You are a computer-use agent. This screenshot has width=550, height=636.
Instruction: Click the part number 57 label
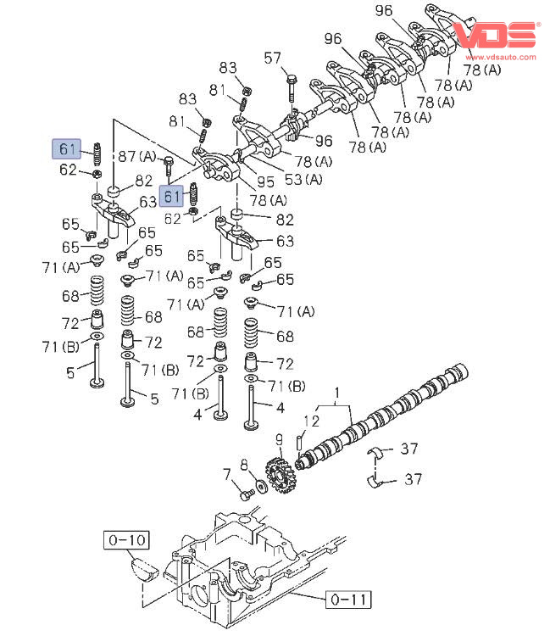[272, 58]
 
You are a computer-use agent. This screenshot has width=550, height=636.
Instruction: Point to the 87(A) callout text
[137, 156]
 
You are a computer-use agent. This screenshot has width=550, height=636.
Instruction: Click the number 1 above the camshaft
[336, 393]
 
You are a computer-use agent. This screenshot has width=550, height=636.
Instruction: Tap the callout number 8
[244, 464]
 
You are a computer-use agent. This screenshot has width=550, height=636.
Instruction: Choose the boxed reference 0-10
[126, 538]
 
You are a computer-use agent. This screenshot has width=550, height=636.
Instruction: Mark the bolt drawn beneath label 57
[291, 92]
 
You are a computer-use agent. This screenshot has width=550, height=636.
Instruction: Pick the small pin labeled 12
[301, 443]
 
